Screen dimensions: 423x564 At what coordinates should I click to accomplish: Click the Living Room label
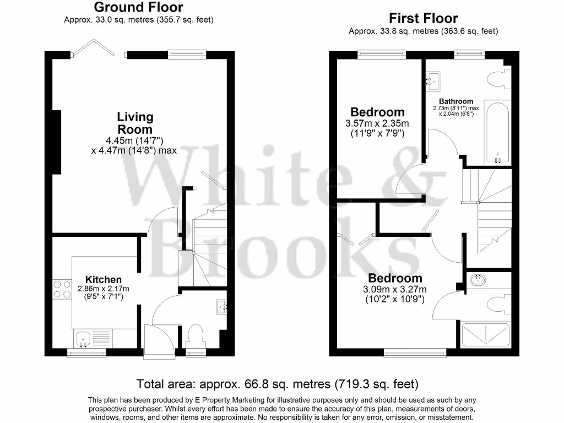[x=135, y=123]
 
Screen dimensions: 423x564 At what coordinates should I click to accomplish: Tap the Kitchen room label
[x=104, y=280]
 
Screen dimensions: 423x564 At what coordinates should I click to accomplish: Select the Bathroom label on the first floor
[x=455, y=101]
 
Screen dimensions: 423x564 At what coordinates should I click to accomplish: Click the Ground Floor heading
[x=138, y=8]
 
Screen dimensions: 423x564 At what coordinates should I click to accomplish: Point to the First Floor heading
[x=423, y=19]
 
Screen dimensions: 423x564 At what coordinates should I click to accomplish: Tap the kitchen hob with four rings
[x=61, y=289]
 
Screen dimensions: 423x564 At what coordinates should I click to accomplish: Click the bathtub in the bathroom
[x=497, y=133]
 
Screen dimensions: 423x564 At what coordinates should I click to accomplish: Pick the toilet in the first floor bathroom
[x=499, y=79]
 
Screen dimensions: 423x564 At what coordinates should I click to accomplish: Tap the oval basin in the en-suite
[x=478, y=281]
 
